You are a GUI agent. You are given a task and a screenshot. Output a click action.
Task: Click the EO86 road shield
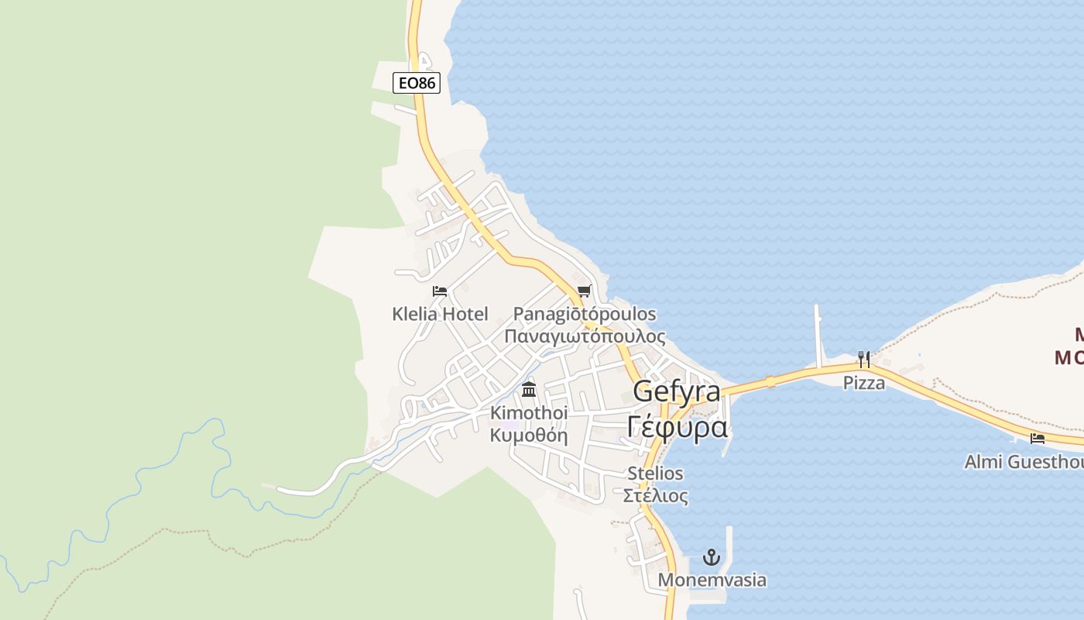pyautogui.click(x=417, y=82)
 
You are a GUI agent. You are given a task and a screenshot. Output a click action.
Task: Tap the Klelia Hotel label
pyautogui.click(x=440, y=314)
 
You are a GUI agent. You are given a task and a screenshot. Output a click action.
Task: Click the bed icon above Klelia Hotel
pyautogui.click(x=440, y=291)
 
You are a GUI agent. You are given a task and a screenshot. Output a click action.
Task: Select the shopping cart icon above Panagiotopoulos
pyautogui.click(x=585, y=291)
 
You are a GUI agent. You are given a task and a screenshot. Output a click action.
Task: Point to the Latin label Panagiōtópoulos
pyautogui.click(x=585, y=314)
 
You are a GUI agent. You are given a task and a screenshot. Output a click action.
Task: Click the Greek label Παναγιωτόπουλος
pyautogui.click(x=585, y=336)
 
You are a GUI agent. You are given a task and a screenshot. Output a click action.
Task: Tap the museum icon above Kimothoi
pyautogui.click(x=529, y=389)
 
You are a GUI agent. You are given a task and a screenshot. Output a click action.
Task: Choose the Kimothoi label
pyautogui.click(x=529, y=412)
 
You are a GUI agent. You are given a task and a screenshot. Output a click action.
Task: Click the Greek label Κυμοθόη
pyautogui.click(x=529, y=435)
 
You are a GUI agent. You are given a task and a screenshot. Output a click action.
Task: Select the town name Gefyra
pyautogui.click(x=677, y=392)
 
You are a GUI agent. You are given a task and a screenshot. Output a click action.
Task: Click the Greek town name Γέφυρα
pyautogui.click(x=677, y=427)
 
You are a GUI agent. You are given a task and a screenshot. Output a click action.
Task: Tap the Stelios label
pyautogui.click(x=655, y=473)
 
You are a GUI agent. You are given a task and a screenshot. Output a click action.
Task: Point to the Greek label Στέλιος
pyautogui.click(x=655, y=495)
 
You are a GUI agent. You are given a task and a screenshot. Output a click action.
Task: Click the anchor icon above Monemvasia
pyautogui.click(x=712, y=557)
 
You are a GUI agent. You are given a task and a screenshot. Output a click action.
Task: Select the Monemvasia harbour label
pyautogui.click(x=712, y=580)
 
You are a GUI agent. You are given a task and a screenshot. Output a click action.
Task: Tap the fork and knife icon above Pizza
pyautogui.click(x=864, y=360)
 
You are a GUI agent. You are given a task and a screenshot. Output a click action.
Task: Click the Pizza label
pyautogui.click(x=864, y=382)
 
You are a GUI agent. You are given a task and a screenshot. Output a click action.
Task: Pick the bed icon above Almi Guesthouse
pyautogui.click(x=1038, y=439)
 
